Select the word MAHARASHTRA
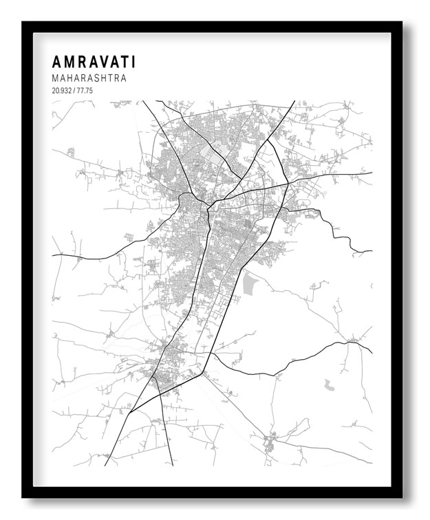coord(89,78)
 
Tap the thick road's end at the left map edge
coord(53,255)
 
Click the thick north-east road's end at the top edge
coord(294,102)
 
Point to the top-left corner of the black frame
coord(23,22)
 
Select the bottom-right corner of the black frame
coord(402,497)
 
